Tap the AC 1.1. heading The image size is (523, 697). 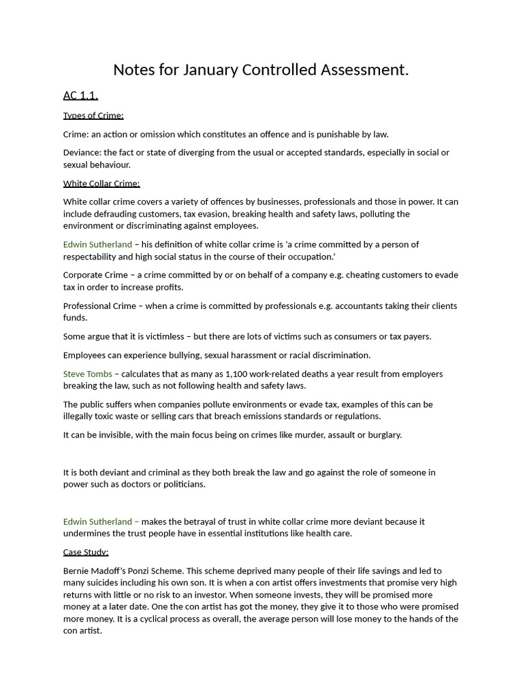(80, 95)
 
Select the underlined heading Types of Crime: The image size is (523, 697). (93, 116)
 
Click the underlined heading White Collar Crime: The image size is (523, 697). (101, 183)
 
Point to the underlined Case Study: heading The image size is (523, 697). (86, 552)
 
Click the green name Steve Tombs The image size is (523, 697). (88, 374)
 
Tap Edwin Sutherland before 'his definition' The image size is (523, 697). (97, 244)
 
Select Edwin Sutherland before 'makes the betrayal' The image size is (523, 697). (97, 521)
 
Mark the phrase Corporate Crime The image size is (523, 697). (95, 275)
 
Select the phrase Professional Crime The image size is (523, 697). (99, 306)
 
